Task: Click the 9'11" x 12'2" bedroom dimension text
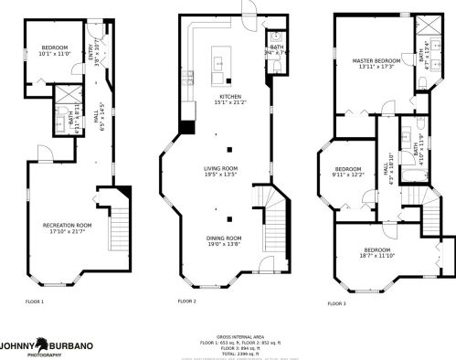coord(349,175)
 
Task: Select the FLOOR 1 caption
coord(34,301)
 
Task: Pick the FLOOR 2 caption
coord(187,301)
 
